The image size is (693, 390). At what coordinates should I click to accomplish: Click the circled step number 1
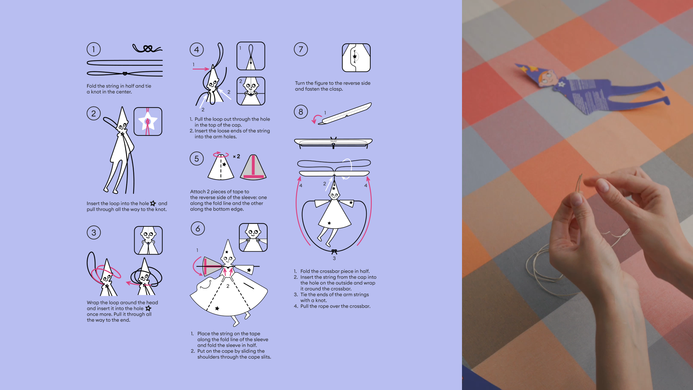click(x=93, y=49)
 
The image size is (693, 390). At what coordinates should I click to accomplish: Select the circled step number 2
click(x=93, y=113)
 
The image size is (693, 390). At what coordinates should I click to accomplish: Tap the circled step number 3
click(x=94, y=233)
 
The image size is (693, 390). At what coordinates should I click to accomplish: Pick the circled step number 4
click(x=197, y=49)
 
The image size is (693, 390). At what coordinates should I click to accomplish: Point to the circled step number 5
click(x=197, y=159)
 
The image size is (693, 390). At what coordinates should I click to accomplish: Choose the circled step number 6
click(x=198, y=229)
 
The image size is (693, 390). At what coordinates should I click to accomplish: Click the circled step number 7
click(x=301, y=49)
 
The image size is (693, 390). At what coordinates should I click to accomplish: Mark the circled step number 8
click(x=301, y=112)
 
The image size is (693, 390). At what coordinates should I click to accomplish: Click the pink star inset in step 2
click(x=148, y=122)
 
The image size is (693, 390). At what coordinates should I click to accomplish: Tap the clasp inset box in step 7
click(x=356, y=58)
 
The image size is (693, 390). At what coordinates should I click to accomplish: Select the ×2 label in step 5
click(x=236, y=156)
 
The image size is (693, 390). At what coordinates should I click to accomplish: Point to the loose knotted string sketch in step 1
click(x=147, y=48)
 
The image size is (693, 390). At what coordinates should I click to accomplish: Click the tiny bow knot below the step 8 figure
click(x=334, y=252)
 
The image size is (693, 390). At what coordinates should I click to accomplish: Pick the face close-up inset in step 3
click(x=148, y=240)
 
